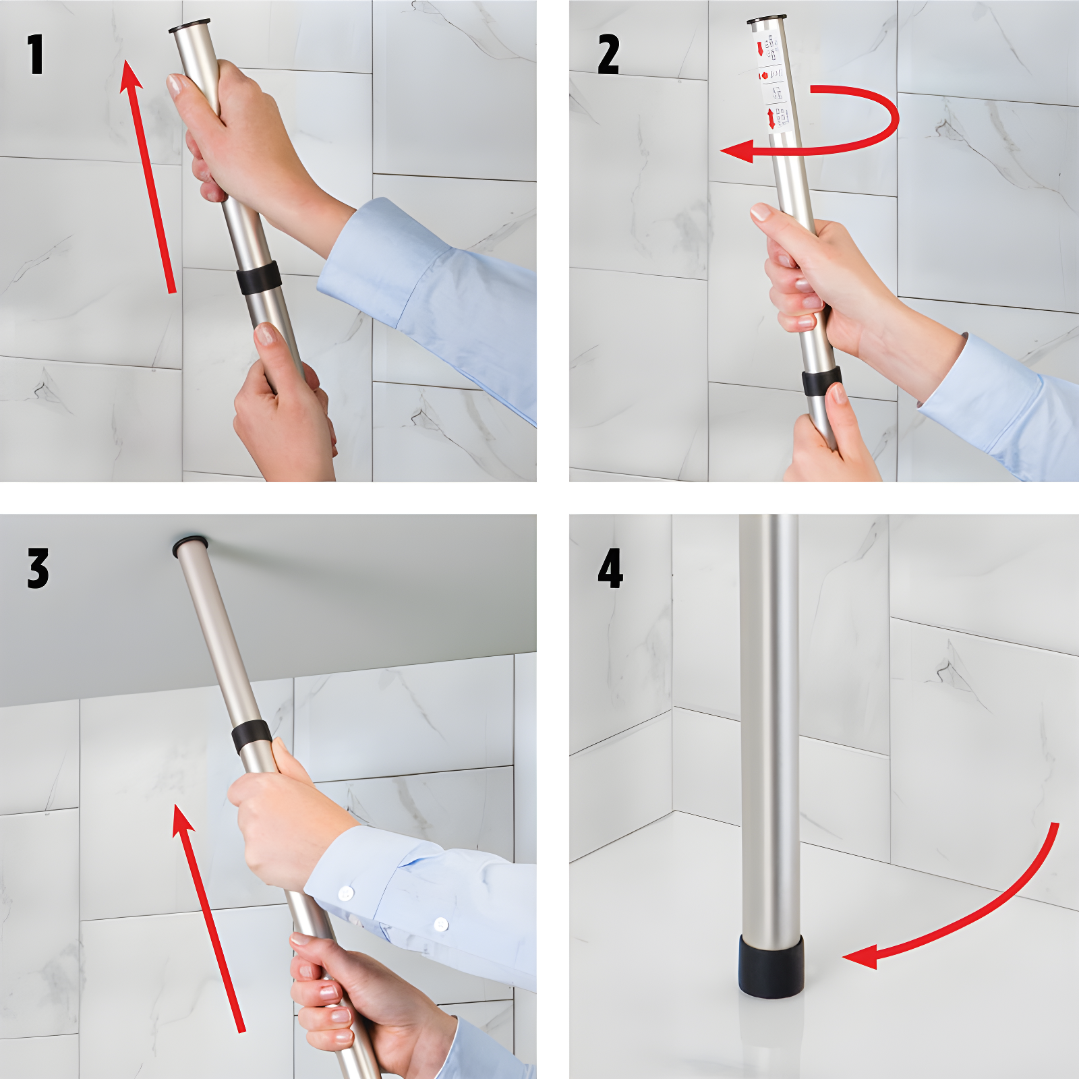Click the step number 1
point(36,55)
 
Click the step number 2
point(608,55)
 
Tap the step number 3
point(38,568)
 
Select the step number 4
point(610,568)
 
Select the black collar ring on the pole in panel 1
point(259,278)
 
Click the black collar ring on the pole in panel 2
point(821,382)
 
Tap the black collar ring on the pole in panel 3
point(252,736)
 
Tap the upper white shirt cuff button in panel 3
point(346,894)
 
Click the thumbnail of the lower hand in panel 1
point(264,334)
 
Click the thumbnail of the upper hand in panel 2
point(761,212)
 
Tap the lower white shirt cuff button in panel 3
point(441,923)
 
